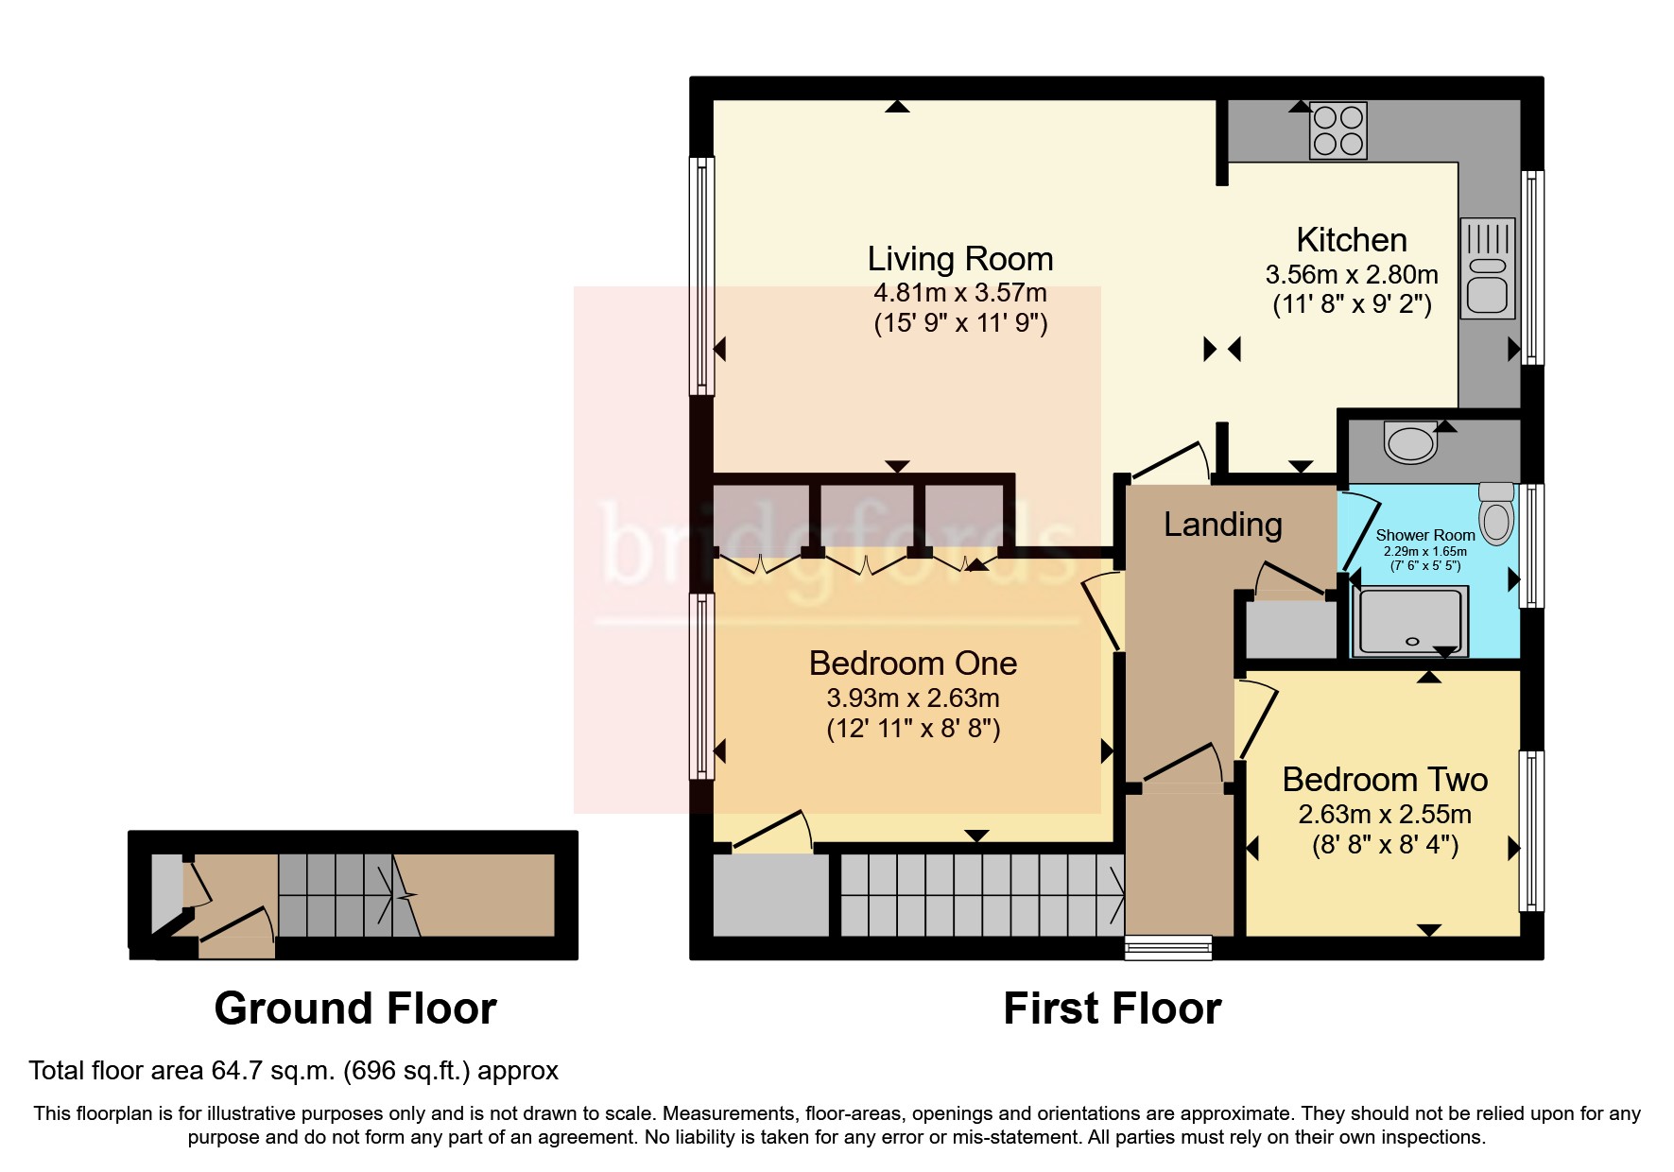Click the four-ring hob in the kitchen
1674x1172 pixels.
1337,130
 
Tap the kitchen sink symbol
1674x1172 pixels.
1487,268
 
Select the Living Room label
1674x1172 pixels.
959,258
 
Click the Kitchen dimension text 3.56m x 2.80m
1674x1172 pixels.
1351,275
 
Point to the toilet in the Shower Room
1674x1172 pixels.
1496,515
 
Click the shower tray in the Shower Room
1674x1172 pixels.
1410,622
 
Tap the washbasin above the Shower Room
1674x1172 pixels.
1410,442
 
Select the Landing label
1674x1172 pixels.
1222,524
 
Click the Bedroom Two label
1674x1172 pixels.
1385,779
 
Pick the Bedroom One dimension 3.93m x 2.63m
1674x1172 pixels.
912,698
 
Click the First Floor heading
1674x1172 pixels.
1112,1008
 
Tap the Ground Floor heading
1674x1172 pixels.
355,1008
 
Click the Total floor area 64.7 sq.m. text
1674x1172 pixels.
293,1070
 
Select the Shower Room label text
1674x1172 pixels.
1424,535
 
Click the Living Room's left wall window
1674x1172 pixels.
701,275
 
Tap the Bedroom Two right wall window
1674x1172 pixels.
1532,831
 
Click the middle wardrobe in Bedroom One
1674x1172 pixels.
865,520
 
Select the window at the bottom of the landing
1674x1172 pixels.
1168,946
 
